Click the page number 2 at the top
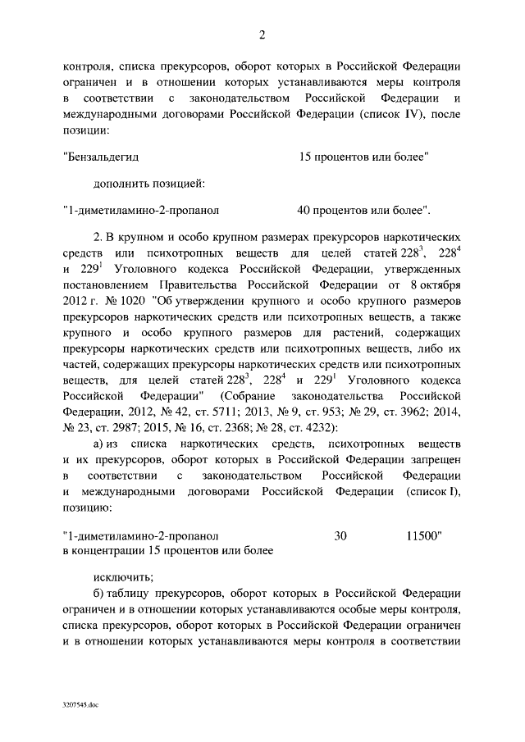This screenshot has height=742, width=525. point(262,34)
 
